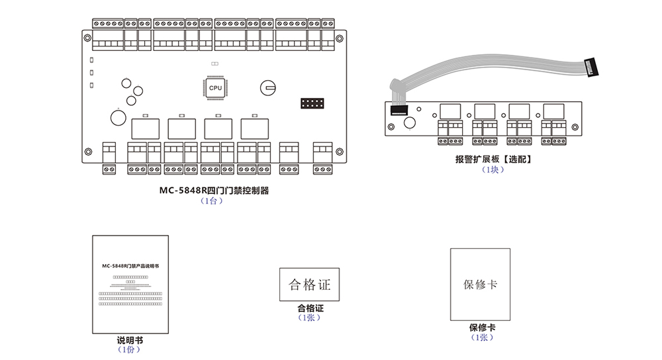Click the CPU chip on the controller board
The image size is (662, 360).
tap(216, 88)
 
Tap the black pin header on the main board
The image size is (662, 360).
tap(311, 104)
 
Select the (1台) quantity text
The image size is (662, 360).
tap(212, 201)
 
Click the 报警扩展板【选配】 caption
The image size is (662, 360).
tap(493, 159)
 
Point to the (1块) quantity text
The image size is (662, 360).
tap(493, 169)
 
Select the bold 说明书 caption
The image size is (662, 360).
tap(130, 340)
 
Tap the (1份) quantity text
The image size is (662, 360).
tap(129, 349)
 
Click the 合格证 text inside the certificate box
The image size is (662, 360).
tap(309, 285)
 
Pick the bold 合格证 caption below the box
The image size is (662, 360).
tap(310, 308)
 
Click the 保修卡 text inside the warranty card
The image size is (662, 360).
tap(480, 285)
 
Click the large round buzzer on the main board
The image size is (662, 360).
tap(118, 118)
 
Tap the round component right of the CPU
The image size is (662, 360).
tap(268, 86)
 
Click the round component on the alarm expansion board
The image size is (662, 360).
tap(408, 122)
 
